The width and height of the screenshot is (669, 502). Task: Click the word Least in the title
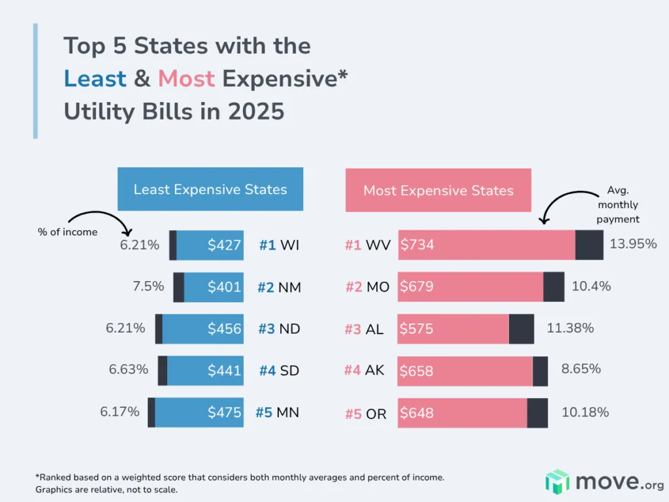pos(95,78)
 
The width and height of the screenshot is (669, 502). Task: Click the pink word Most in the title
pos(186,78)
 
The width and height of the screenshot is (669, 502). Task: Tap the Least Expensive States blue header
pos(210,190)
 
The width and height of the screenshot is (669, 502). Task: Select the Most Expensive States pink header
pos(438,191)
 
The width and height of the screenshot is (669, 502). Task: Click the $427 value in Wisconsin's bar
pos(224,246)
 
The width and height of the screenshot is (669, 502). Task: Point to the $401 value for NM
pos(224,287)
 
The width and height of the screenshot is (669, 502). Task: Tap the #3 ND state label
pos(279,329)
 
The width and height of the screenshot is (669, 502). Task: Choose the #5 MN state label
pos(277,413)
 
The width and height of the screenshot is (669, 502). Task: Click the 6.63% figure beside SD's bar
pos(129,369)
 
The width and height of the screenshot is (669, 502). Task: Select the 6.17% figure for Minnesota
pos(120,412)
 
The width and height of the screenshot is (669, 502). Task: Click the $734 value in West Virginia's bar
pos(417,246)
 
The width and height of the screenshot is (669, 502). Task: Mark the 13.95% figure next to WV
pos(633,244)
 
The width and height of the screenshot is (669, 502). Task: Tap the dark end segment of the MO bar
pos(553,287)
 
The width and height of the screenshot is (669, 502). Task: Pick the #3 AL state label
pos(364,329)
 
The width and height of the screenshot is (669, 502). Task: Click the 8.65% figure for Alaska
pos(581,369)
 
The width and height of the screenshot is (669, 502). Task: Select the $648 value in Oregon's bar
pos(417,413)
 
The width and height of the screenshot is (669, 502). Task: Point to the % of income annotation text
pos(67,232)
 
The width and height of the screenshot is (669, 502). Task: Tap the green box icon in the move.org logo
pos(557,481)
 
